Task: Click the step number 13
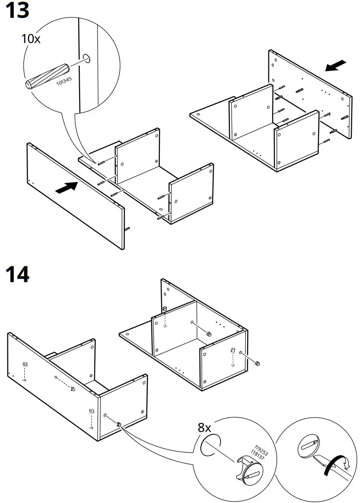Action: (x=17, y=11)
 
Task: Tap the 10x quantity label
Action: (x=31, y=39)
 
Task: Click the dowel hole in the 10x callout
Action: (x=87, y=58)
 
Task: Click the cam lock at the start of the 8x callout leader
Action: (x=119, y=424)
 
